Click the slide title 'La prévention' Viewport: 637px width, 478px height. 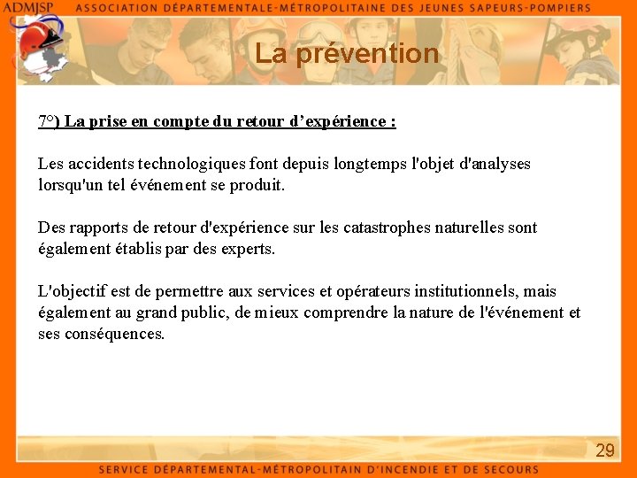click(x=347, y=54)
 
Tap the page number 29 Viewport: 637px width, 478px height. click(x=605, y=451)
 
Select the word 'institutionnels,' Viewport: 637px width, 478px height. click(x=462, y=291)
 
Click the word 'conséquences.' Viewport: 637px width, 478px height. click(x=114, y=334)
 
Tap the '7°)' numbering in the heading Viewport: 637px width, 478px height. click(x=49, y=121)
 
